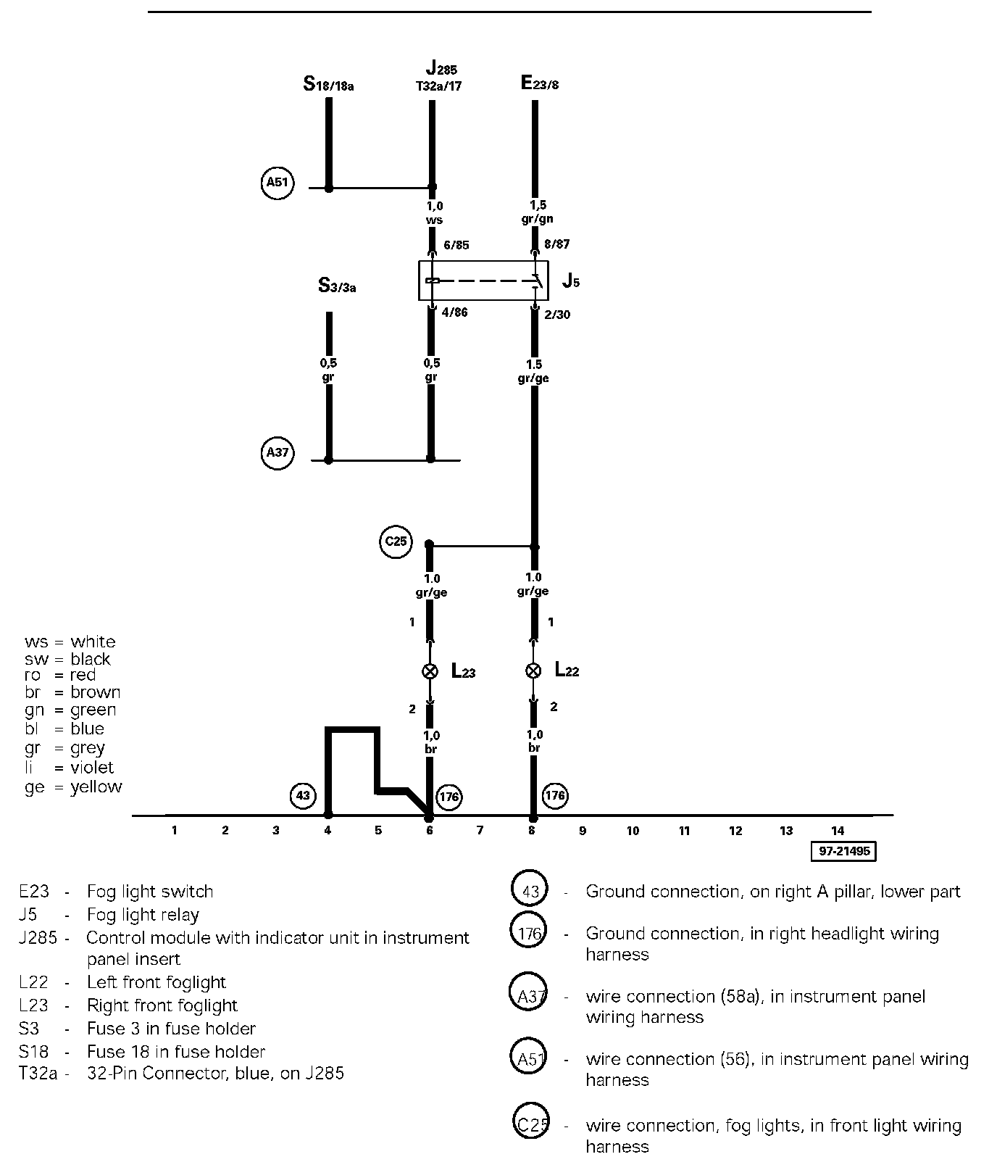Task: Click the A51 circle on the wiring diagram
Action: (x=278, y=183)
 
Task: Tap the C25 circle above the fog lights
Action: (x=396, y=542)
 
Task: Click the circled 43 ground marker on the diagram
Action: (x=303, y=796)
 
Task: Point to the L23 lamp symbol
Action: (x=430, y=671)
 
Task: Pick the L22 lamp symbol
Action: (x=533, y=671)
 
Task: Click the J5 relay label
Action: (x=571, y=281)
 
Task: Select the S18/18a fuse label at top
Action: (x=328, y=85)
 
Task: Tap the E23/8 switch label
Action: (x=540, y=83)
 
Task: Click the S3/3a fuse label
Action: (x=337, y=286)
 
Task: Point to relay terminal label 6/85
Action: (x=456, y=245)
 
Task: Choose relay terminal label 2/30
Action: (x=556, y=315)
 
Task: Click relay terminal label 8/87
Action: (x=556, y=245)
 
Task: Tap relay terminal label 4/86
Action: (x=454, y=313)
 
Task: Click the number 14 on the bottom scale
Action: (x=837, y=831)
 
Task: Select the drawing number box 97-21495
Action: (x=843, y=851)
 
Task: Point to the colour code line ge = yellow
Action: (x=73, y=787)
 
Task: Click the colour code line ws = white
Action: (x=70, y=642)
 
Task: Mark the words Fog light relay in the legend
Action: (x=143, y=915)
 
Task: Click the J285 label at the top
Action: (x=441, y=70)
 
